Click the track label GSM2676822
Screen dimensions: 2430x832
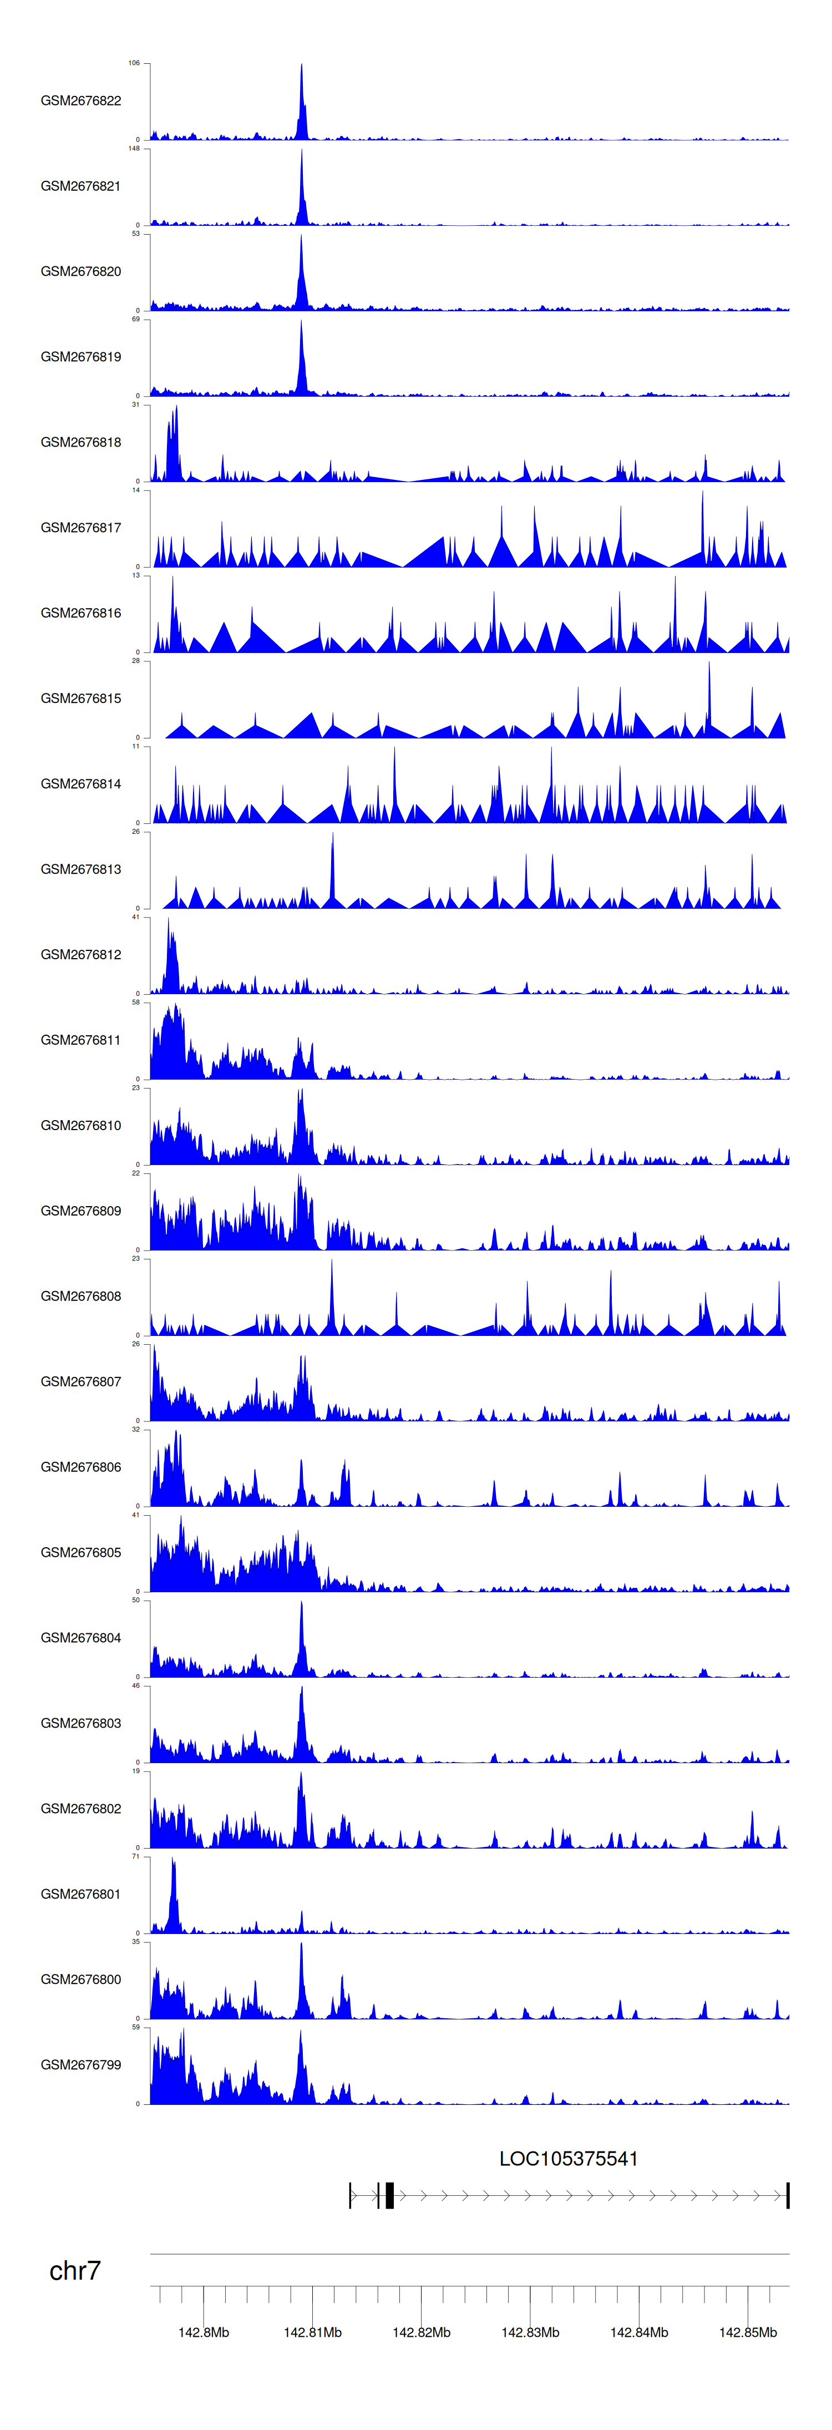coord(80,101)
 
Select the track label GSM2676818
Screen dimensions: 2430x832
coord(80,442)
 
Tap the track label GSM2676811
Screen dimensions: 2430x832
coord(80,1040)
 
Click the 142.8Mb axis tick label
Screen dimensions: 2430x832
coord(204,2332)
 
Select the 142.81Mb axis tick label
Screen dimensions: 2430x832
coord(312,2332)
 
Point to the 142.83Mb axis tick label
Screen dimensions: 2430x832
coord(530,2332)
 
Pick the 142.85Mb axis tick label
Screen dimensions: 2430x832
coord(748,2332)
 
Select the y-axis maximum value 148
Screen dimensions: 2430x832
coord(134,148)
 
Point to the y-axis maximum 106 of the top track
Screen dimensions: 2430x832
coord(134,63)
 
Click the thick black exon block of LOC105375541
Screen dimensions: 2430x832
coord(389,2195)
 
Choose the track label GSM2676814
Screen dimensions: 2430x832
coord(80,784)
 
